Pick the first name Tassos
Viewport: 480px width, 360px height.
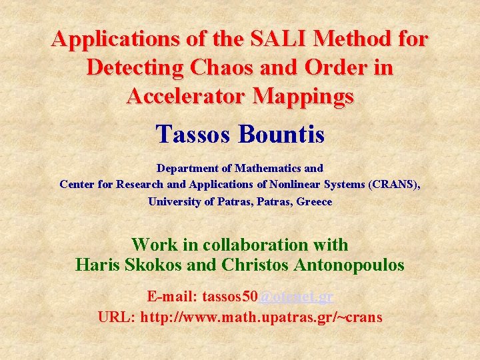193,134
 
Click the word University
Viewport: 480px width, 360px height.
175,201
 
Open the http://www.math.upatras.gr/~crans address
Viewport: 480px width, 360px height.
261,317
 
